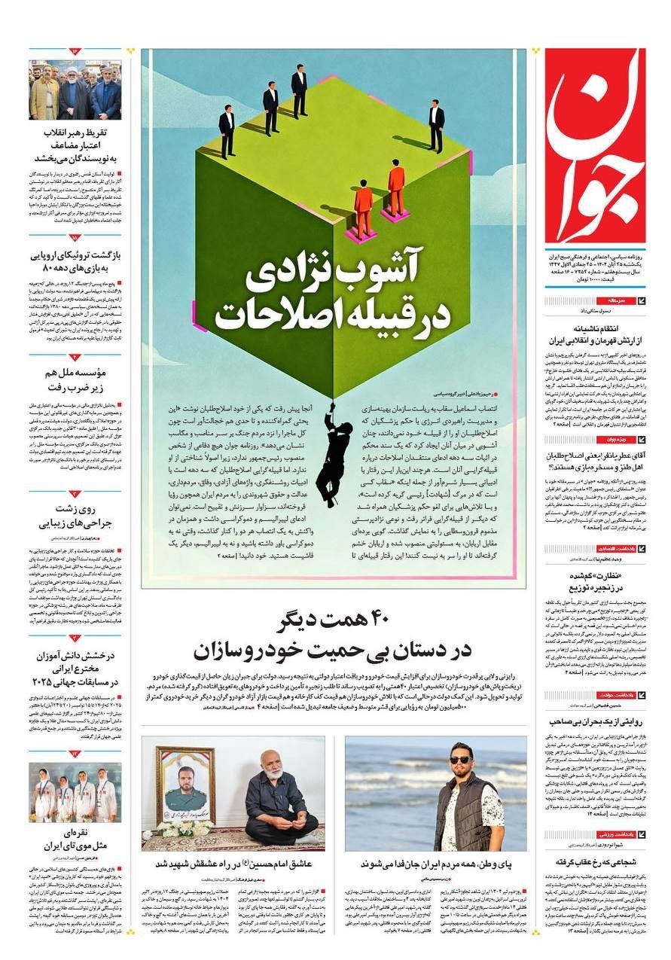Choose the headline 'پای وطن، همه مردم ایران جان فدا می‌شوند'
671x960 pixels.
[435, 863]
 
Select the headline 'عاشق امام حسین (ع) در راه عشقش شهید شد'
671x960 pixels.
[233, 863]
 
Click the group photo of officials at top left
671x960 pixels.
[75, 90]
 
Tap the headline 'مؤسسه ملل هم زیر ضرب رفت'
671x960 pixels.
[75, 379]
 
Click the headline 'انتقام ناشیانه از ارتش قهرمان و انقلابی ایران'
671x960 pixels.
[596, 334]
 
